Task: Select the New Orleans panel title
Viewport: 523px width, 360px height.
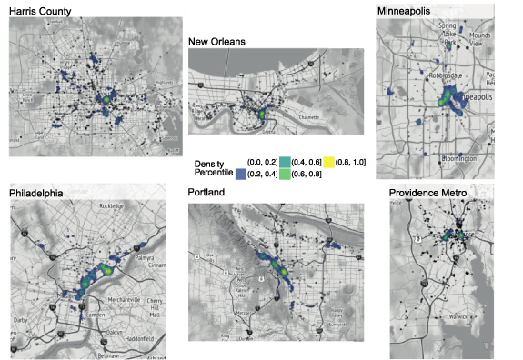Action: [x=220, y=41]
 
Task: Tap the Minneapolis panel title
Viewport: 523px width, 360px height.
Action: [x=411, y=10]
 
